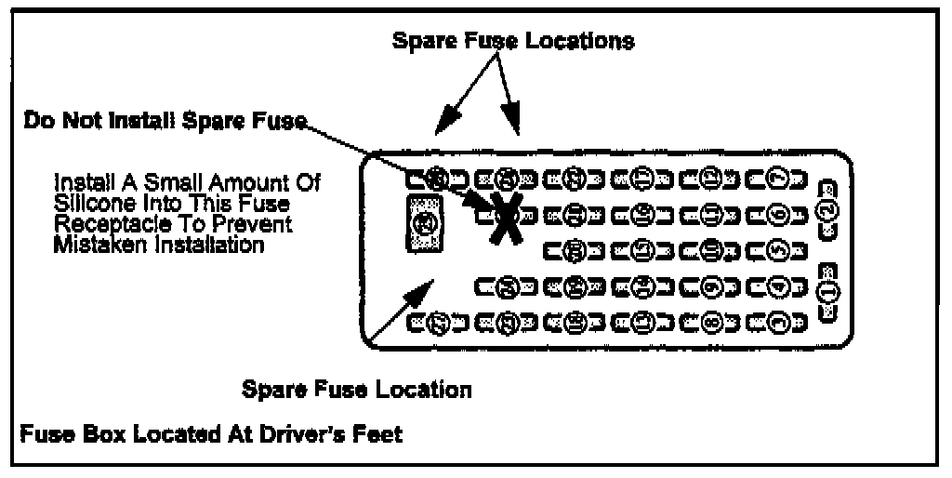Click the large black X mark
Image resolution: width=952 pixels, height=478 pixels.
point(503,215)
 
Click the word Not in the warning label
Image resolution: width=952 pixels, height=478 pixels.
point(85,121)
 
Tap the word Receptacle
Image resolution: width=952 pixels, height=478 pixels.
point(101,225)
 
